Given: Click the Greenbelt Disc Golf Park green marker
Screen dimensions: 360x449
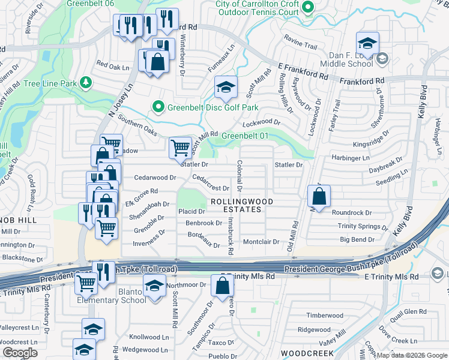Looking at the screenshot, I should click(158, 108).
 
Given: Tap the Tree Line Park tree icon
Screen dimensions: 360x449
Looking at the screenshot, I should click(86, 82).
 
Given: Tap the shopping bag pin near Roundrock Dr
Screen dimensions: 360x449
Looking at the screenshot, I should click(319, 196).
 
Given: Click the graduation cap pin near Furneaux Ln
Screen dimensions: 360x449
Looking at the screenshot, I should click(226, 88).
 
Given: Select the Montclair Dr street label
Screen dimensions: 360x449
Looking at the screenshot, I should click(261, 242).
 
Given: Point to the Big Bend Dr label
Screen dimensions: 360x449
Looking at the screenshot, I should click(357, 240).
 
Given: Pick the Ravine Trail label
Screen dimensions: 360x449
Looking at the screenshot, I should click(300, 46).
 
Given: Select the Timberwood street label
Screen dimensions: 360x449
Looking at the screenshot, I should click(324, 316).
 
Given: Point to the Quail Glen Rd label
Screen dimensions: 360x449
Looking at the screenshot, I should click(406, 311).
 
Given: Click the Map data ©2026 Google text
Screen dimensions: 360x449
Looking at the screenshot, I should click(412, 355).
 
